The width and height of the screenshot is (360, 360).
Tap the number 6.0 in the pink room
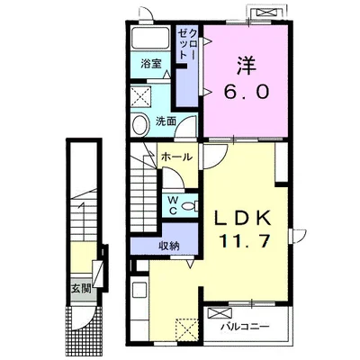coord(246,92)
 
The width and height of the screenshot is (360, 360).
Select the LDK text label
coord(243,219)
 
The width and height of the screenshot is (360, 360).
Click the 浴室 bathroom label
coord(151,64)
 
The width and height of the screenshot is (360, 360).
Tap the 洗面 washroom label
coord(166,121)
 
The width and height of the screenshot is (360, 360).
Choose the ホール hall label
coord(176,157)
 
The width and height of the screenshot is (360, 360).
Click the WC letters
coord(173,205)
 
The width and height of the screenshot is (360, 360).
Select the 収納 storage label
coord(169,246)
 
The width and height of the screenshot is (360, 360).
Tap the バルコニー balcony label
coord(245,327)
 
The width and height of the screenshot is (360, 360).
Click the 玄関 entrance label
coord(81,289)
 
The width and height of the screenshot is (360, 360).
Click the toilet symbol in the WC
coord(191,206)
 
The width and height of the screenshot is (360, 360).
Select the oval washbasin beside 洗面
coord(140,125)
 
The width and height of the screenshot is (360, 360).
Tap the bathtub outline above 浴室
coord(150,38)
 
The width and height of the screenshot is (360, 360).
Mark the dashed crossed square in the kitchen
coord(186,330)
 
